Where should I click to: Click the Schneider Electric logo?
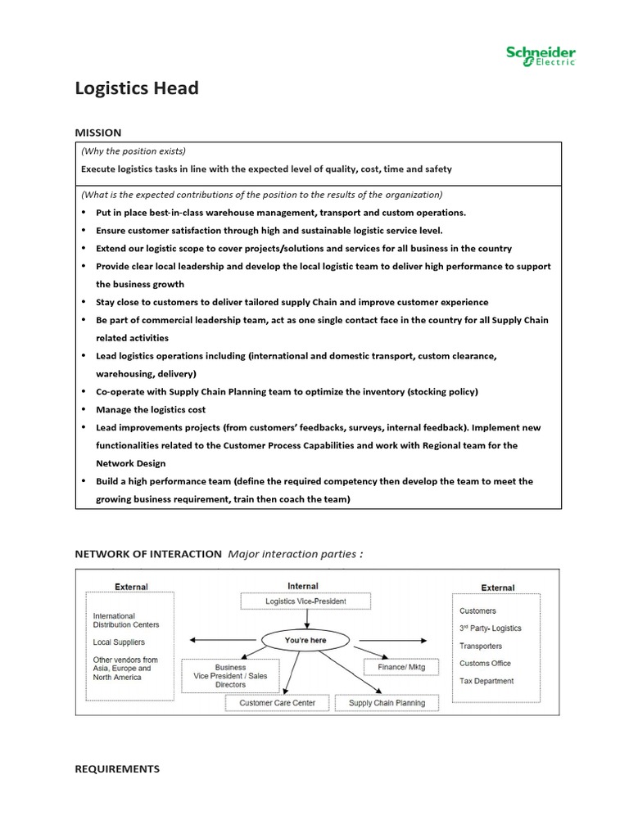pos(541,56)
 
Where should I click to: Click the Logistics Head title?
pos(137,88)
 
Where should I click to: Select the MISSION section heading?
pos(98,133)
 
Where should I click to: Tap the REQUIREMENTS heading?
pos(117,769)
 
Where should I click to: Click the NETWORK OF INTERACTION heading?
pos(148,554)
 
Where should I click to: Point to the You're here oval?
pos(305,639)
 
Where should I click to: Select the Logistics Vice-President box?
pos(305,601)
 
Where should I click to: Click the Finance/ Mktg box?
pos(401,667)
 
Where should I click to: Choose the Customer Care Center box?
pos(277,703)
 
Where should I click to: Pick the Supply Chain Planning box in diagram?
pos(387,703)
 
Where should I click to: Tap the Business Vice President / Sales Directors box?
pos(230,676)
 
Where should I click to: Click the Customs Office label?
pos(486,663)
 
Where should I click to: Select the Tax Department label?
pos(486,681)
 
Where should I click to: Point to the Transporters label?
pos(482,646)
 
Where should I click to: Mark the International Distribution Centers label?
pos(126,620)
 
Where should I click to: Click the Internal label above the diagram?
pos(303,586)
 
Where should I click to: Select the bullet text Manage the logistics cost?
pos(151,409)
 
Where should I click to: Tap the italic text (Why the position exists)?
pos(133,151)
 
